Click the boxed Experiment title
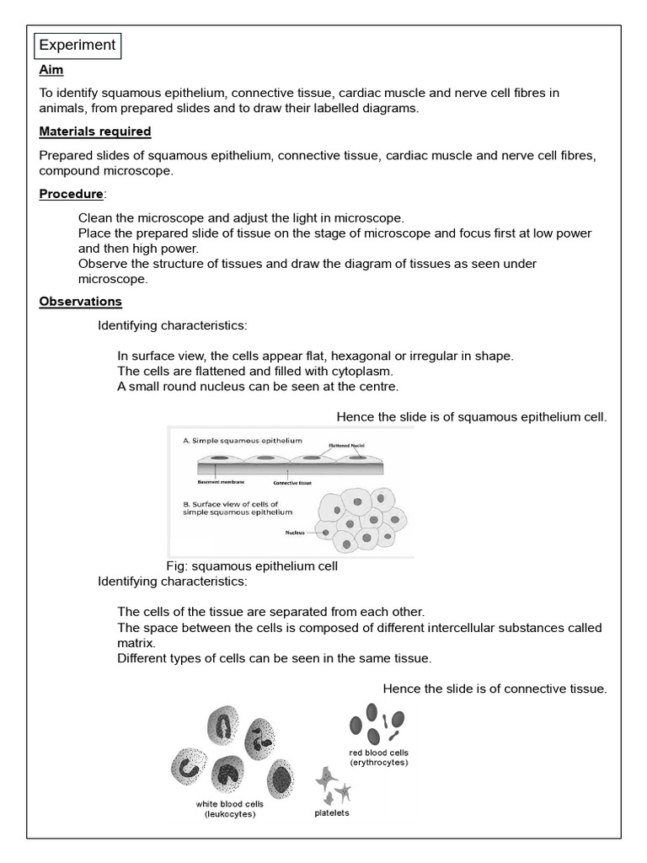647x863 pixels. [78, 46]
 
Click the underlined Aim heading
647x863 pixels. [51, 71]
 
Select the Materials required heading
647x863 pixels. [95, 131]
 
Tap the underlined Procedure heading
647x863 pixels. [71, 195]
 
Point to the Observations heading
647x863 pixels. [81, 302]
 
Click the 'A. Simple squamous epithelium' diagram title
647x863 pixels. [243, 440]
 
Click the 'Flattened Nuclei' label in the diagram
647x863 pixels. [346, 444]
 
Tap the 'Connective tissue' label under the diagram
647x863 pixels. [292, 483]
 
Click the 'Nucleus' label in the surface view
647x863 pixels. [294, 533]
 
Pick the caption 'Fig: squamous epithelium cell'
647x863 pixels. [253, 566]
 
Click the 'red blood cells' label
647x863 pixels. [378, 752]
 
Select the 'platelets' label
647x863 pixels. [331, 813]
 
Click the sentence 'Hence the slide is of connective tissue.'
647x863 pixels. [495, 689]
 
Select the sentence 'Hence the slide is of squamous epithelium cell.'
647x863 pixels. [471, 416]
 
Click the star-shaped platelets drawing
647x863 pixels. [332, 786]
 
